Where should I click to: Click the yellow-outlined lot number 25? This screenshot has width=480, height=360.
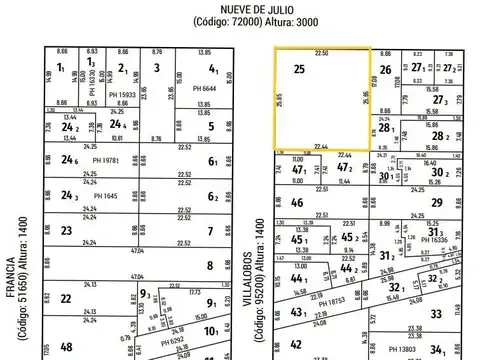299,69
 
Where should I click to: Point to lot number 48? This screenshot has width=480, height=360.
66,347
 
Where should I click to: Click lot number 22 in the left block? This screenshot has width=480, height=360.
65,298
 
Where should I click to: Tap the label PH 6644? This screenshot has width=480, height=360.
191,89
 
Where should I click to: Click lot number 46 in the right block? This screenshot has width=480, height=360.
297,203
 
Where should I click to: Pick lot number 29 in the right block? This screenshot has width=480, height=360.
435,203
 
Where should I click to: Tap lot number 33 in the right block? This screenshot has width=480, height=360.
435,313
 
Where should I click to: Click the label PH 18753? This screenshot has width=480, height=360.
343,299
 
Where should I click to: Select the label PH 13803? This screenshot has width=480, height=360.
404,348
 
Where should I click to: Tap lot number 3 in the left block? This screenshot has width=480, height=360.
157,68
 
